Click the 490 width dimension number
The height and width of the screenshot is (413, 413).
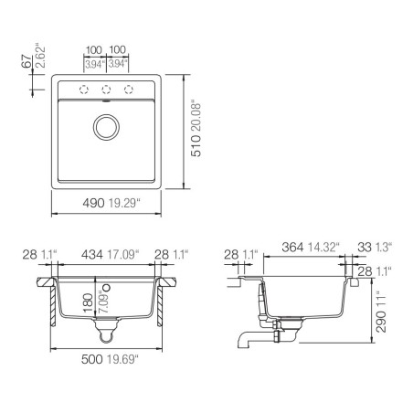(93, 203)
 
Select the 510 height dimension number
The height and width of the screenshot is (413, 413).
(196, 146)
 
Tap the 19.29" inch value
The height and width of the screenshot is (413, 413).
(124, 203)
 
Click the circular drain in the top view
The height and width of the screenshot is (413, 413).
(106, 127)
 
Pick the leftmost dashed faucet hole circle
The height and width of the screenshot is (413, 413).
(84, 90)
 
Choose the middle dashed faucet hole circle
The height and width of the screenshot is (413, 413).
(106, 90)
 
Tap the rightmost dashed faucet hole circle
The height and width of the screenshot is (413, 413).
(129, 90)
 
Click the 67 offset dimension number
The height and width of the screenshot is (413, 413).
(26, 61)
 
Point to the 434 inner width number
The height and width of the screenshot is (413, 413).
(92, 255)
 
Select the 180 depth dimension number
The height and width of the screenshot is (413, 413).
(88, 302)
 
